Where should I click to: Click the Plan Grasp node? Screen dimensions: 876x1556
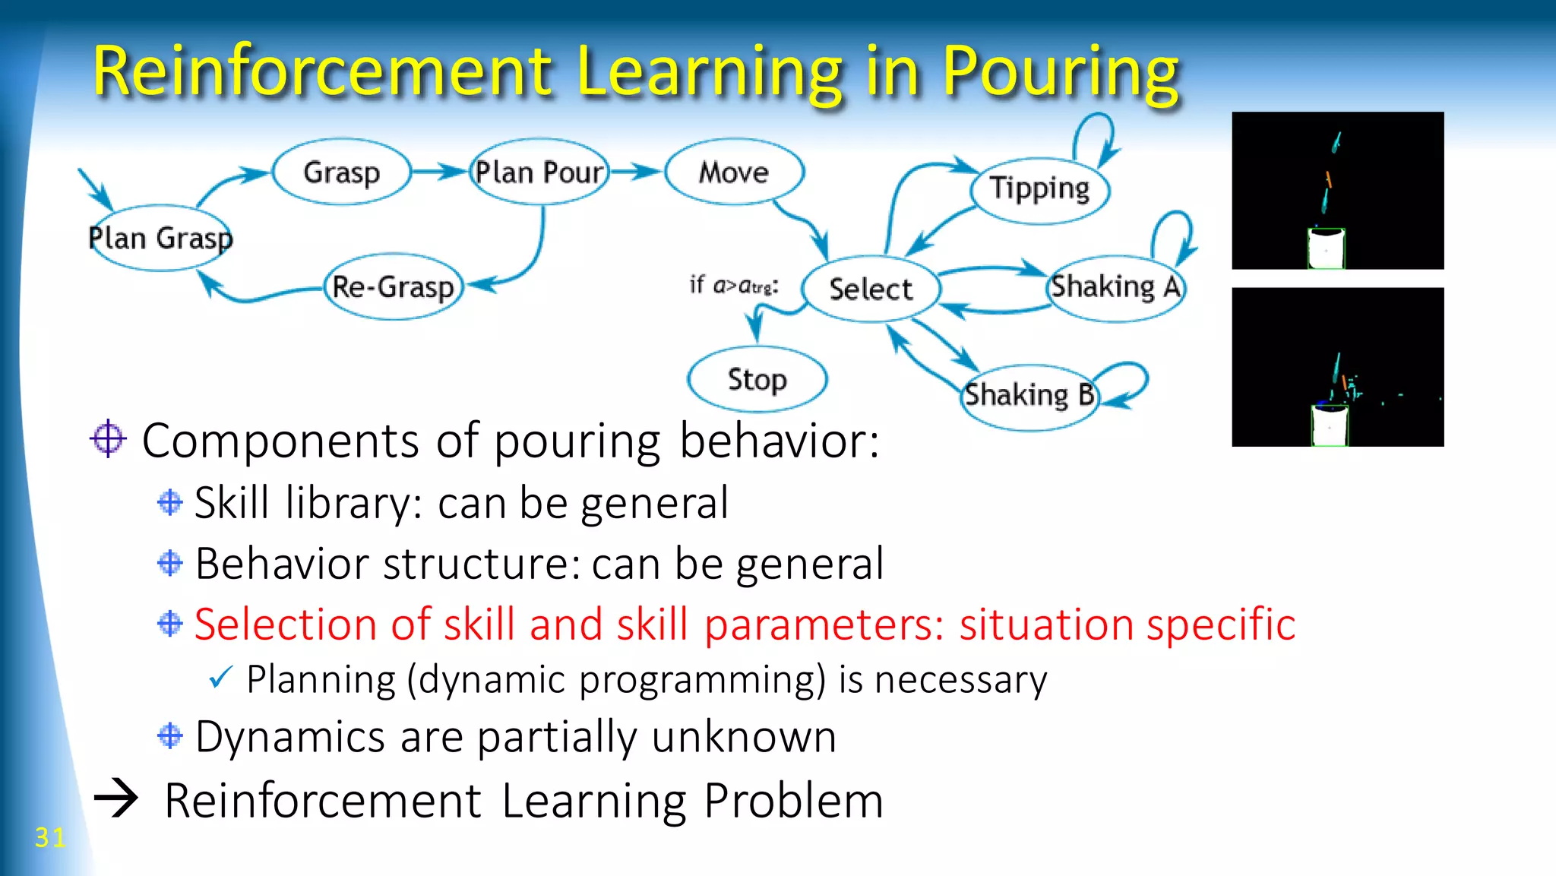tap(160, 238)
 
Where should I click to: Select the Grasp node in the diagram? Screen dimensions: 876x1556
tap(341, 172)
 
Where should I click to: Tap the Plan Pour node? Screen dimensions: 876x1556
tap(539, 172)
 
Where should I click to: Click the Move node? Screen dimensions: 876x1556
tap(733, 172)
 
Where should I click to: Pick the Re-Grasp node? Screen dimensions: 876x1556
tap(393, 287)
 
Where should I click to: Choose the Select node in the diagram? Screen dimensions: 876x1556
tap(871, 289)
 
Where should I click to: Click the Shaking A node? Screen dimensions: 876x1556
tap(1115, 287)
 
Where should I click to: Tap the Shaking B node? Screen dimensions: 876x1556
tap(1029, 396)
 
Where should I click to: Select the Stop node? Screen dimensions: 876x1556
tap(757, 379)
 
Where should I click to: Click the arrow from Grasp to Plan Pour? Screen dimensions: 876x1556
tap(439, 172)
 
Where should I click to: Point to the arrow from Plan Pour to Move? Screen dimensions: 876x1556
tap(636, 172)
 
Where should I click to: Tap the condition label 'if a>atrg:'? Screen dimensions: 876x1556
tap(733, 285)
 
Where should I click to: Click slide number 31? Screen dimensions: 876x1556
tap(50, 837)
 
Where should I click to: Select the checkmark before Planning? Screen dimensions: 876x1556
tap(220, 677)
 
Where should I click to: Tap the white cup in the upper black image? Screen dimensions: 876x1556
tap(1326, 248)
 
